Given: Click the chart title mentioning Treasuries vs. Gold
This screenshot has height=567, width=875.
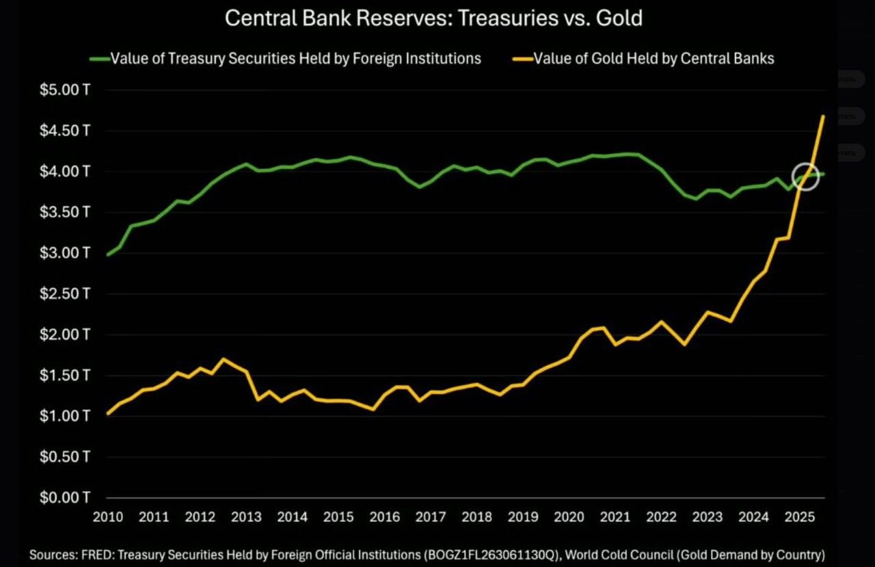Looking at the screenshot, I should (x=433, y=18).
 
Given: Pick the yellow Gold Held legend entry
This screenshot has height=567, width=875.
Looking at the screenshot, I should (x=645, y=58).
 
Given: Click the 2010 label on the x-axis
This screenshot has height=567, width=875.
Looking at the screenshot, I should (x=107, y=516).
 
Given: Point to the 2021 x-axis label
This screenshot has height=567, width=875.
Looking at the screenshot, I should (x=615, y=516).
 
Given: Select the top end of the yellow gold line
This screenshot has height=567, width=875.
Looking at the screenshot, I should (x=823, y=116).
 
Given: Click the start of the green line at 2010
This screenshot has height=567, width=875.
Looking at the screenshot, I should (x=108, y=254).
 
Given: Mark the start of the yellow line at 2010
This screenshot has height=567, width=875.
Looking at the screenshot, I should (x=108, y=413).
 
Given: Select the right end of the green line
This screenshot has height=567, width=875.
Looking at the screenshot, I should (x=823, y=174).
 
